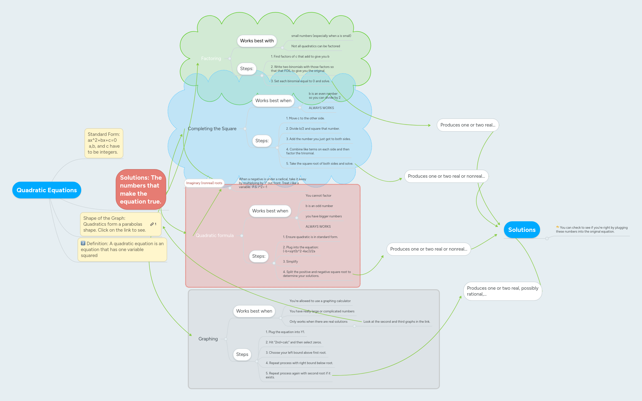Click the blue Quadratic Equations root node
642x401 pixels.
(x=47, y=190)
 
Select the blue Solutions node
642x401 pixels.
(x=522, y=230)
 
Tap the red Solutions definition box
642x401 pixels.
(x=141, y=189)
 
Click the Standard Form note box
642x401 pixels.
(x=104, y=143)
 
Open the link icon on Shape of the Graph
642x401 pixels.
(x=152, y=224)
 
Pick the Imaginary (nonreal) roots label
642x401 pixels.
(x=204, y=183)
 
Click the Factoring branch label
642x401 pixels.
(x=211, y=58)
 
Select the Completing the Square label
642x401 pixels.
(x=212, y=129)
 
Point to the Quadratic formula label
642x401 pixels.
(x=214, y=236)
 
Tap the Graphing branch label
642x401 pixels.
(x=208, y=339)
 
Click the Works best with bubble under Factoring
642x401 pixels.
(x=257, y=41)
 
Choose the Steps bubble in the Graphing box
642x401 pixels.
(x=242, y=354)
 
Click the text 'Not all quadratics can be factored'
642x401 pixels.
(x=315, y=46)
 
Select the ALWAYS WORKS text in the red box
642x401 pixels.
(x=318, y=226)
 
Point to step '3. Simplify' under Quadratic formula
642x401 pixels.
(x=290, y=261)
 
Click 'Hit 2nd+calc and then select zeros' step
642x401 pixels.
(x=293, y=342)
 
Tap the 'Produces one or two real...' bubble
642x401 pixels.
(x=467, y=125)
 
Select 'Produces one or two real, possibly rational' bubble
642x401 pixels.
(x=502, y=291)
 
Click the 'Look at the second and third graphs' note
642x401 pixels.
(x=396, y=322)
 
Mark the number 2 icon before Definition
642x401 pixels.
(x=83, y=243)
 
